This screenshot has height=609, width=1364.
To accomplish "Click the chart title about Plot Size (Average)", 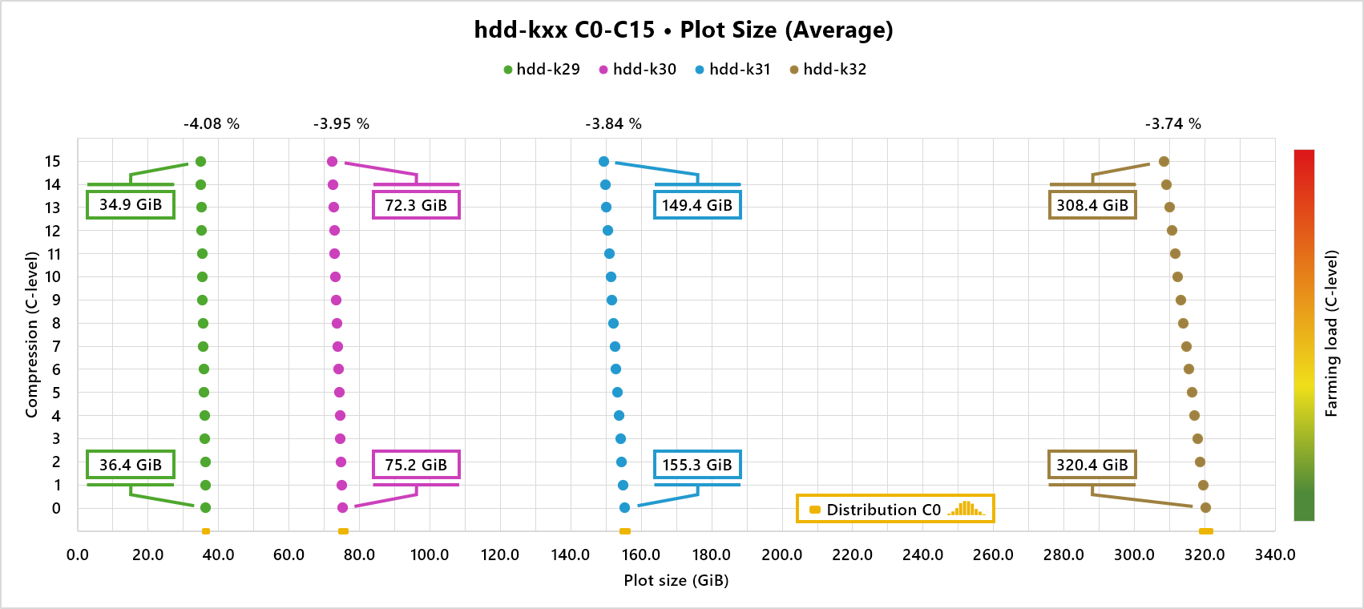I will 683,30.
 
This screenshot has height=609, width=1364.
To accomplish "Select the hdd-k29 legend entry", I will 541,70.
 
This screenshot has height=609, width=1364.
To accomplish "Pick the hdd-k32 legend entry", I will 828,70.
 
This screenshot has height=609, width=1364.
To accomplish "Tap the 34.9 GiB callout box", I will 131,204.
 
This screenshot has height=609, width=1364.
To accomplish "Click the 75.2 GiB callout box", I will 416,465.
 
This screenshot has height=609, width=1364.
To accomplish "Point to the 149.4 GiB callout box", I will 697,205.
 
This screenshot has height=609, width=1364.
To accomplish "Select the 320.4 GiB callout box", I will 1092,465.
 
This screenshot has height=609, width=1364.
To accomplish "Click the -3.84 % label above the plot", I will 613,124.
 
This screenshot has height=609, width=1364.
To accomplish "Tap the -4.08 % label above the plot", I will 212,124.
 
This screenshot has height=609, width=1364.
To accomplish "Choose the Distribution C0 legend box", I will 894,509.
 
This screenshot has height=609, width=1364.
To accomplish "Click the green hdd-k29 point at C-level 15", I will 200,162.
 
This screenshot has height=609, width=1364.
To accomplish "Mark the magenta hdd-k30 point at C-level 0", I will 343,507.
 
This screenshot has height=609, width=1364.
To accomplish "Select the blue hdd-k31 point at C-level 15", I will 603,162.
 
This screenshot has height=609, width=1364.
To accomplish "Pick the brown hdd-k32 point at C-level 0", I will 1205,507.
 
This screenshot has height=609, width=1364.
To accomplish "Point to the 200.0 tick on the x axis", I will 781,555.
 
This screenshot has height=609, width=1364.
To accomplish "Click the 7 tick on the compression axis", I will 56,346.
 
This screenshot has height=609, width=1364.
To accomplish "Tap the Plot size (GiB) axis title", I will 676,580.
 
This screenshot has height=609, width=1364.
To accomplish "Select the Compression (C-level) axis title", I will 32,335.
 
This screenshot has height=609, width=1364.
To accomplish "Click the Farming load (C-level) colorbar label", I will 1331,333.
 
